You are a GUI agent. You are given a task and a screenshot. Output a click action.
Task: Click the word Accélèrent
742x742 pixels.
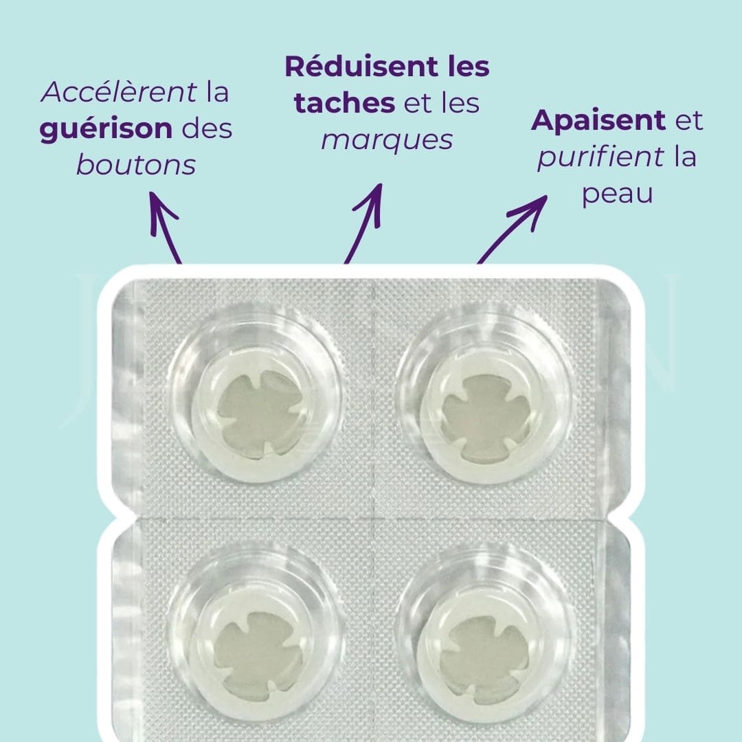[x=119, y=93]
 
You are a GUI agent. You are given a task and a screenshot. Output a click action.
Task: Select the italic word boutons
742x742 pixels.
[x=136, y=165]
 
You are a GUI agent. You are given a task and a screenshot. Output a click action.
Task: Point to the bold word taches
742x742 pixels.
[x=344, y=104]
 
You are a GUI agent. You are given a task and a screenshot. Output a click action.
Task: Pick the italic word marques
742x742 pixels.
[x=387, y=140]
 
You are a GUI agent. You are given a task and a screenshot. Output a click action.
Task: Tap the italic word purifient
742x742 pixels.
[x=601, y=157]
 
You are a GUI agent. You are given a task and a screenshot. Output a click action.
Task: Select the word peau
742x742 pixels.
[x=617, y=194]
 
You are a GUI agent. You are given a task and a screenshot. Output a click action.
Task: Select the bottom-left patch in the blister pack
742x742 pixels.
[x=256, y=645]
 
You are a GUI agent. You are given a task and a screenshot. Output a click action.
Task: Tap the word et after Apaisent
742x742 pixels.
[x=688, y=121]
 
